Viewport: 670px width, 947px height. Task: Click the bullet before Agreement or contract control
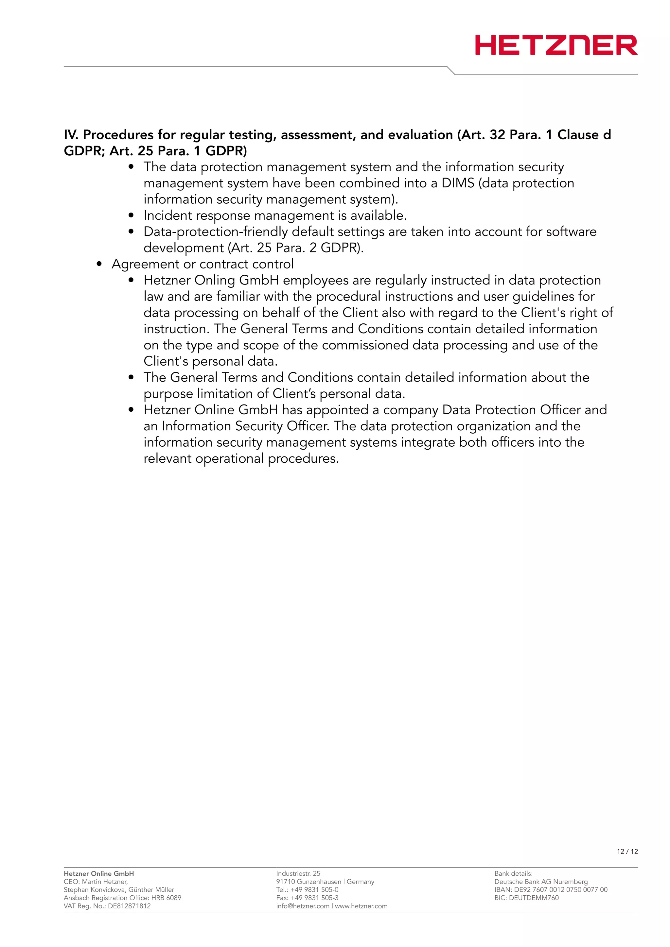coord(99,264)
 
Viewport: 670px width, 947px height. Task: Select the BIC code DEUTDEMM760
coord(534,898)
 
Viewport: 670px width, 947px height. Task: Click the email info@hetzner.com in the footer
coord(302,906)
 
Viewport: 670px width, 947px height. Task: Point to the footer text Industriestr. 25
coord(298,873)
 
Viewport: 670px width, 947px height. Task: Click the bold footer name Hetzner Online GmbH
coord(98,873)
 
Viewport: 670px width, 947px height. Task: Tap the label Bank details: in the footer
coord(513,873)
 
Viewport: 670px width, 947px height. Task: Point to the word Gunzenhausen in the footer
coord(319,882)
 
